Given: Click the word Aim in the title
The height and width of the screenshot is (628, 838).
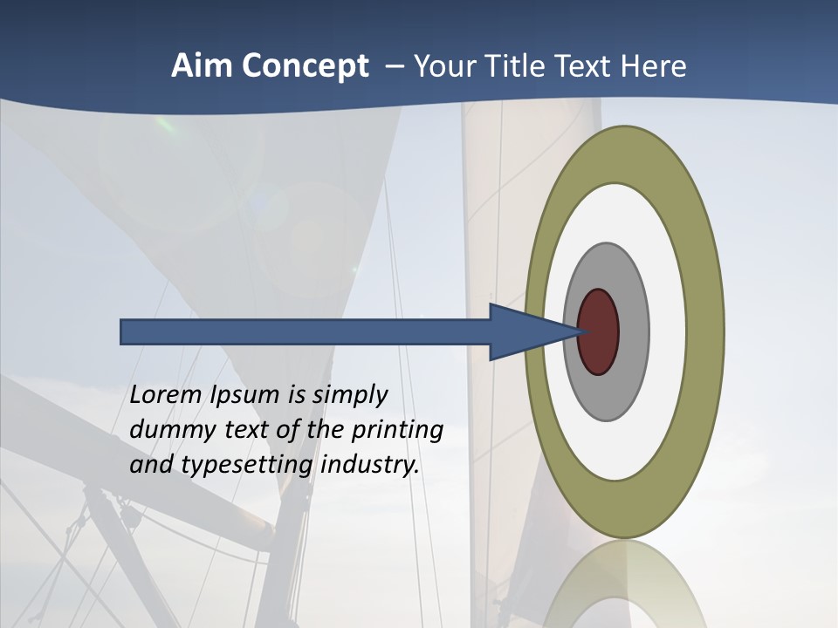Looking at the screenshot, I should tap(200, 66).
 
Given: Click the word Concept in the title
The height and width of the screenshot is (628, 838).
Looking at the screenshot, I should tap(303, 67).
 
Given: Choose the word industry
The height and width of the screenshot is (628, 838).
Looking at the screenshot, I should tap(370, 465).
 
